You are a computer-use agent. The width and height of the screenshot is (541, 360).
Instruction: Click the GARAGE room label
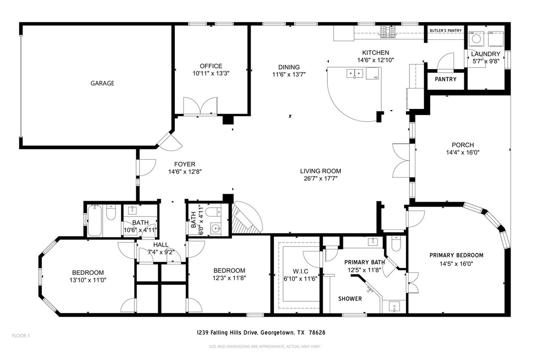[x=102, y=83]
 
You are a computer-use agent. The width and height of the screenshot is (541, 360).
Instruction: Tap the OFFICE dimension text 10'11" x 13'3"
[x=211, y=73]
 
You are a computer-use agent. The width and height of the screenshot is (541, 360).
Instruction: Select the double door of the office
[x=200, y=106]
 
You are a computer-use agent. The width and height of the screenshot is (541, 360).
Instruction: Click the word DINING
[x=289, y=67]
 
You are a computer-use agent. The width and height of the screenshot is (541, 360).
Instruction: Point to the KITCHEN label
[x=375, y=53]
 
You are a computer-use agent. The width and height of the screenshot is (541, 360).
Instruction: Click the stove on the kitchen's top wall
[x=389, y=32]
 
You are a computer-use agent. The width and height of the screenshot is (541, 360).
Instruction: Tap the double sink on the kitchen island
[x=355, y=74]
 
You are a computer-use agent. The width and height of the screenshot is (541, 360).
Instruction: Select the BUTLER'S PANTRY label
[x=445, y=31]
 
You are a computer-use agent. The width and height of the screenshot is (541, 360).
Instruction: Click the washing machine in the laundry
[x=475, y=38]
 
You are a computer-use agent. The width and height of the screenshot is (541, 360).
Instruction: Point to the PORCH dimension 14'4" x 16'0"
[x=462, y=153]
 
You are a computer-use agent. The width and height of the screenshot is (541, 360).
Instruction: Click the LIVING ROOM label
[x=320, y=171]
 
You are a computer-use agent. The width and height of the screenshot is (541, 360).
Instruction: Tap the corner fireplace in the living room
[x=246, y=220]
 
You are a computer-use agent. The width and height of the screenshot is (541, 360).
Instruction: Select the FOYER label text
[x=184, y=164]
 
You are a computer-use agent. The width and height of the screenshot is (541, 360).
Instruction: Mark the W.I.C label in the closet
[x=293, y=271]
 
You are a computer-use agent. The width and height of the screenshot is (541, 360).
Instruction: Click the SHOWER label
[x=350, y=299]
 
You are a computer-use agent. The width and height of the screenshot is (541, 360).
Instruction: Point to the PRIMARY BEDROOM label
[x=456, y=255]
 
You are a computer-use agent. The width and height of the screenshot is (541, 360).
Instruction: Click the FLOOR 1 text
[x=21, y=336]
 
